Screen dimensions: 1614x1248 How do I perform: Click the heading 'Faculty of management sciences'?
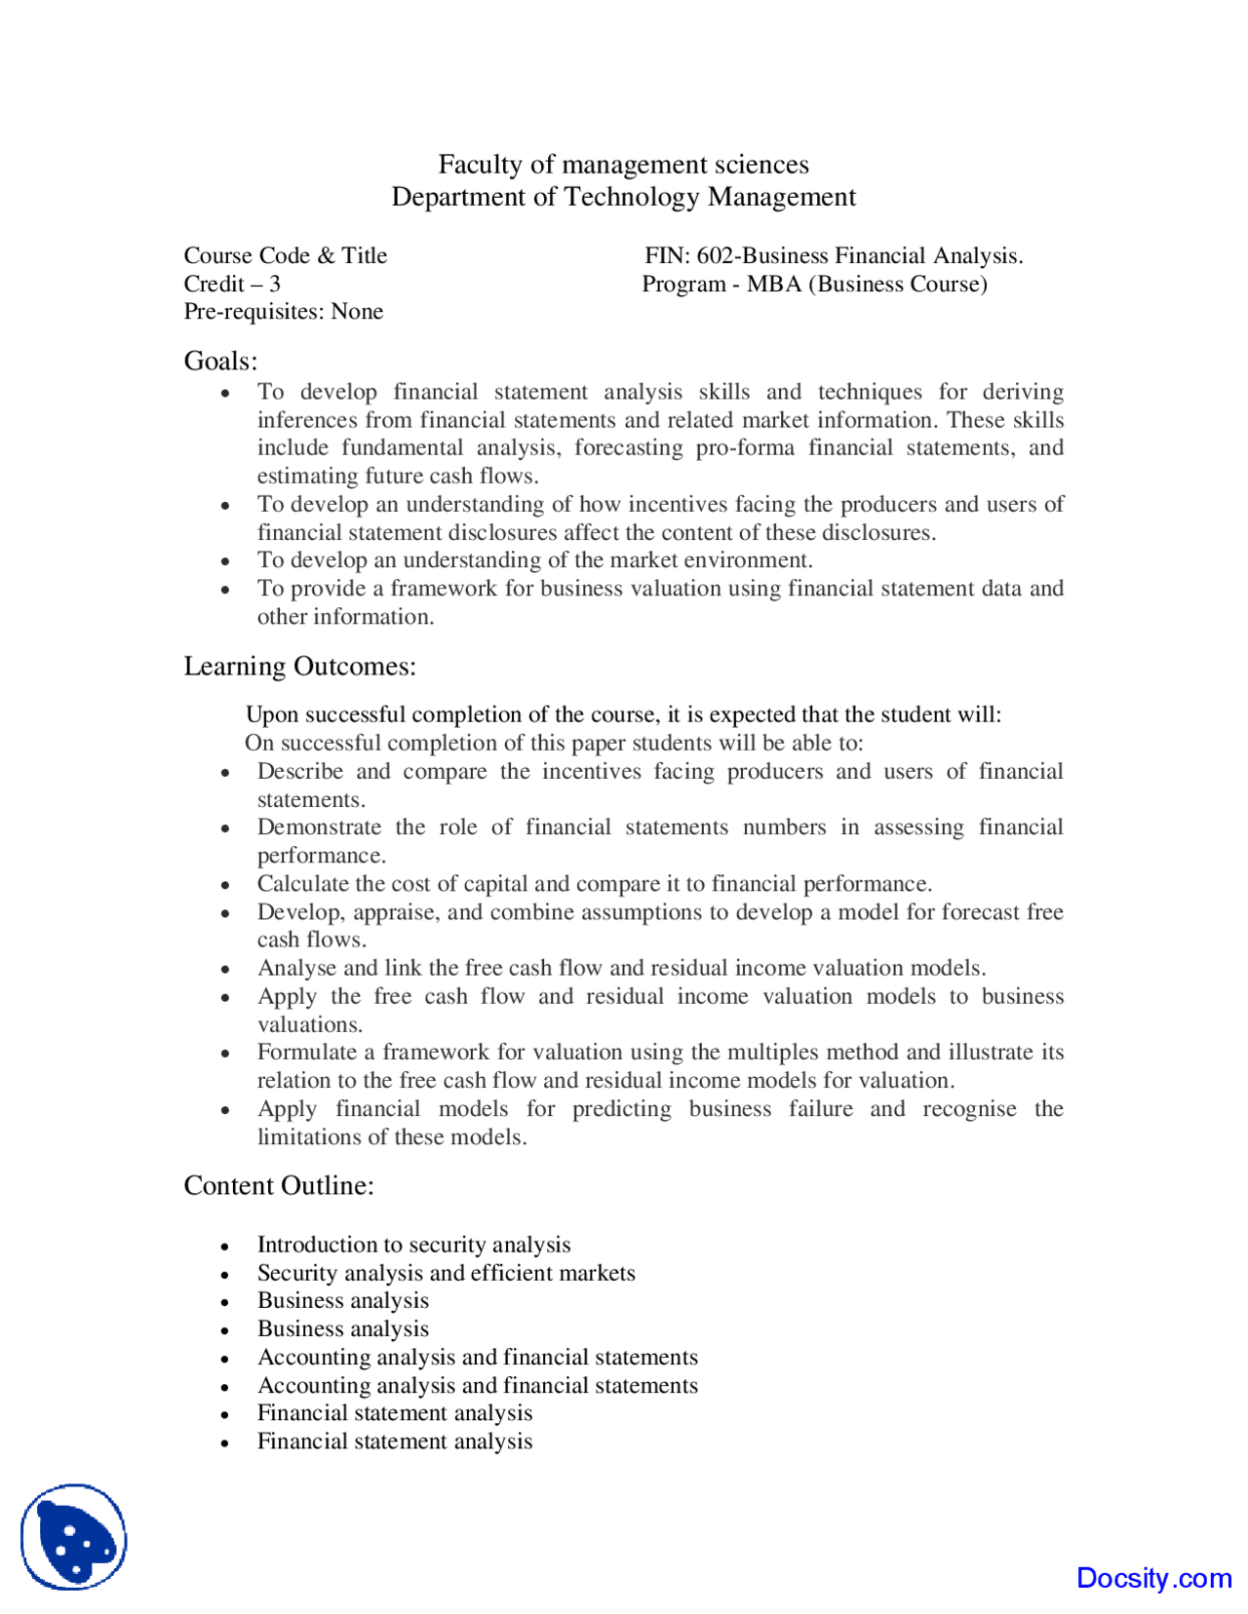click(623, 164)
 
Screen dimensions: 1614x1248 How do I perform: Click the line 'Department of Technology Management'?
click(623, 197)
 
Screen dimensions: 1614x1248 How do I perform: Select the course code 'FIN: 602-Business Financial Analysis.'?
click(833, 255)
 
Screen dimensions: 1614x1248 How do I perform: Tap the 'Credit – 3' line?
click(232, 284)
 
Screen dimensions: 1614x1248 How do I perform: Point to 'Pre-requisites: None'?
click(283, 312)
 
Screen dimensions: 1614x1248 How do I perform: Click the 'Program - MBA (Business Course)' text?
click(814, 284)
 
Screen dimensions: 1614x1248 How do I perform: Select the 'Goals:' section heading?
click(220, 361)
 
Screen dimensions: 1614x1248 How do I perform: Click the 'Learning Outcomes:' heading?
click(299, 666)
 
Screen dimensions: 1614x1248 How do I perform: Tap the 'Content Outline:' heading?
click(279, 1185)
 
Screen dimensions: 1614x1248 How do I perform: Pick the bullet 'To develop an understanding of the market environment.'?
click(534, 560)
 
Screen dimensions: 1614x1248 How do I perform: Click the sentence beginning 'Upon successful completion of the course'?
click(623, 714)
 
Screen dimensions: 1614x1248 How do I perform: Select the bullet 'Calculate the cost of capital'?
click(594, 884)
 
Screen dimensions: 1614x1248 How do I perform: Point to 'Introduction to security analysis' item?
click(413, 1245)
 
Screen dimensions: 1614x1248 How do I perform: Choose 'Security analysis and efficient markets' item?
click(446, 1273)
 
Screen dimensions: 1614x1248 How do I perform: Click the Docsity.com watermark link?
click(1153, 1578)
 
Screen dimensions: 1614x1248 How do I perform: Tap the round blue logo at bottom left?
click(74, 1537)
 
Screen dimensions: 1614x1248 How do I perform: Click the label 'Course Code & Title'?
click(285, 255)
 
